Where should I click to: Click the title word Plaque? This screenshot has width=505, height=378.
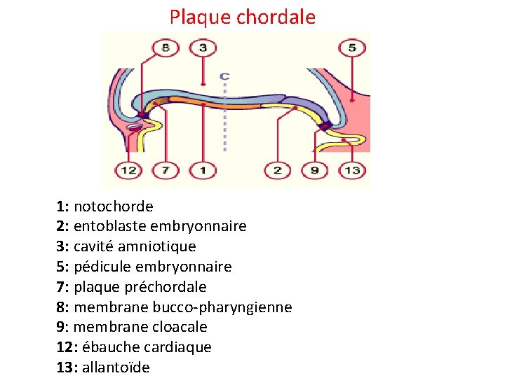[x=201, y=17]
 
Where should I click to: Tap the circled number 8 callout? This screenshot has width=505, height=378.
[x=166, y=48]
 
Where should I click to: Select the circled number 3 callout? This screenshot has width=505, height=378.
[x=203, y=48]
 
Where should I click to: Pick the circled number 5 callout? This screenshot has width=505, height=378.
[x=352, y=48]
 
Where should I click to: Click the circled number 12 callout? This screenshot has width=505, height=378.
[x=128, y=170]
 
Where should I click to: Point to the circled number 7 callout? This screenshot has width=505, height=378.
[x=166, y=170]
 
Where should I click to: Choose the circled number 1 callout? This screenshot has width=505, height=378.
[x=203, y=170]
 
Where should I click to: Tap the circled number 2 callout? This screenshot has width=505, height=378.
[x=278, y=170]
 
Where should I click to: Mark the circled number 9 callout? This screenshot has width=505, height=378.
[x=315, y=170]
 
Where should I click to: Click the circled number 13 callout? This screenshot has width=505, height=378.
[x=352, y=170]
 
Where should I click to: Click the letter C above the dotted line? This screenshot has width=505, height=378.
[x=224, y=75]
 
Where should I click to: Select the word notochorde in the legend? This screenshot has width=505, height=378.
[x=113, y=206]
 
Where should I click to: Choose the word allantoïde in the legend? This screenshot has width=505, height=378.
[x=116, y=367]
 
